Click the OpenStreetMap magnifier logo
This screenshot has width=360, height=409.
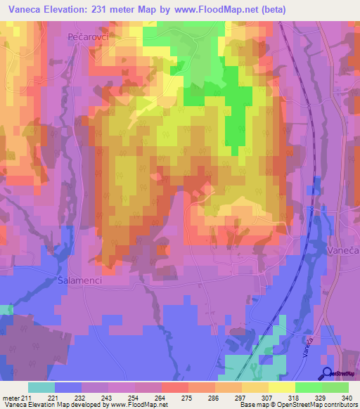pyautogui.click(x=328, y=373)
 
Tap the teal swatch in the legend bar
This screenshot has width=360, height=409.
pyautogui.click(x=41, y=387)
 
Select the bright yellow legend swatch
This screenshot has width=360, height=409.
pyautogui.click(x=281, y=387)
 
